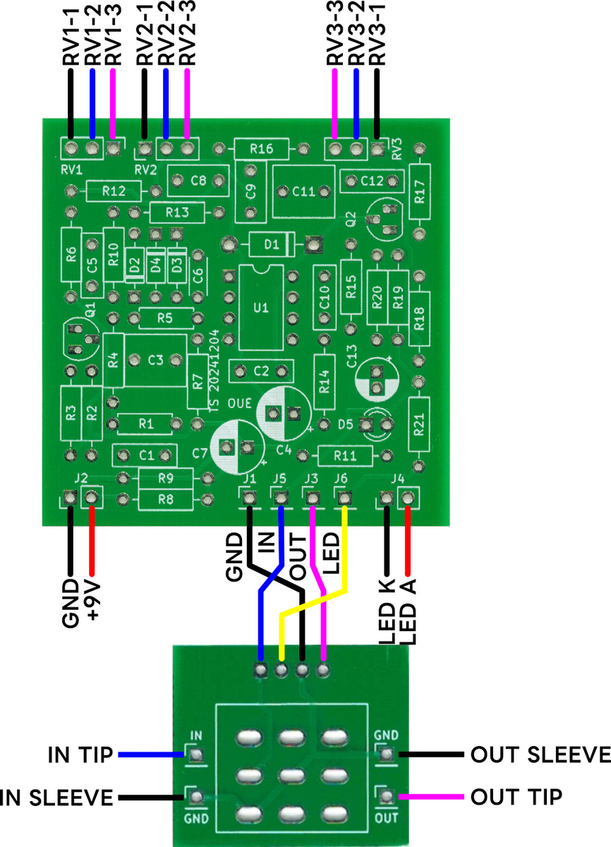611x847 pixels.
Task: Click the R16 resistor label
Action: (x=262, y=149)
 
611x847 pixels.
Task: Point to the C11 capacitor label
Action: (x=303, y=192)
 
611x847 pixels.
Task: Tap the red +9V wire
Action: (x=91, y=541)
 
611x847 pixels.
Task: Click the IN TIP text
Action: (x=80, y=755)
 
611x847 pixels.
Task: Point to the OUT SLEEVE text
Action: (x=540, y=755)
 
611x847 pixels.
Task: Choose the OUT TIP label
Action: (x=516, y=797)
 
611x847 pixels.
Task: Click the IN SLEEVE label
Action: (x=56, y=798)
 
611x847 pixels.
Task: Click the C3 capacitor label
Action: (x=155, y=360)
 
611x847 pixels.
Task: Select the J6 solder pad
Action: (x=344, y=498)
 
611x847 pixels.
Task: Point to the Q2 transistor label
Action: (x=351, y=219)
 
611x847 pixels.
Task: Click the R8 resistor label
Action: (x=166, y=500)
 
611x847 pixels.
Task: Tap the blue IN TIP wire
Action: (x=151, y=755)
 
